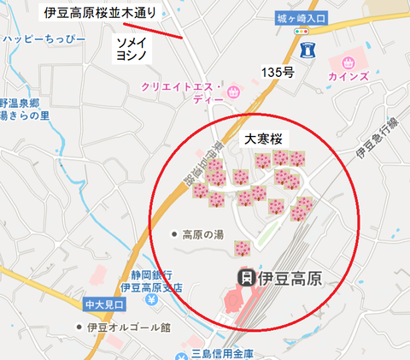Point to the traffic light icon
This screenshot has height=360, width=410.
pyautogui.click(x=302, y=31)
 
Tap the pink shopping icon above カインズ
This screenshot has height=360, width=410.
pyautogui.click(x=348, y=62)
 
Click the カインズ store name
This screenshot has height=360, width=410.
pyautogui.click(x=348, y=78)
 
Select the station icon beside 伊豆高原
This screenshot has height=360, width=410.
pyautogui.click(x=245, y=277)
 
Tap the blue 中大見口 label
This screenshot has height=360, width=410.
pyautogui.click(x=105, y=304)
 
